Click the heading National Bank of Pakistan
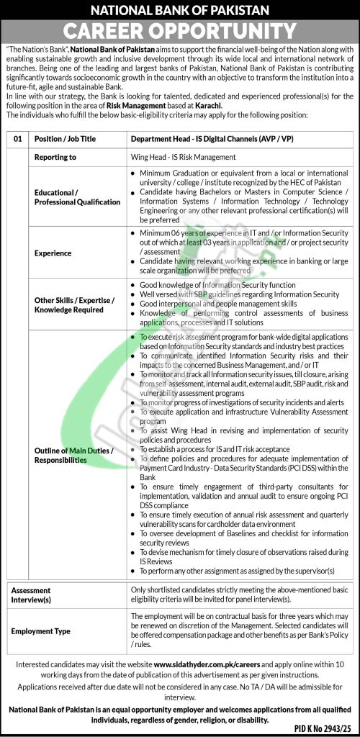(x=180, y=11)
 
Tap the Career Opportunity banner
(x=180, y=31)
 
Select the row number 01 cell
(x=18, y=137)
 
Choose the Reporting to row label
(x=55, y=156)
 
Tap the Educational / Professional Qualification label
(x=77, y=197)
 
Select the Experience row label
(x=53, y=253)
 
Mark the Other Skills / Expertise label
(x=74, y=304)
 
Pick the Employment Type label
(x=41, y=630)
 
